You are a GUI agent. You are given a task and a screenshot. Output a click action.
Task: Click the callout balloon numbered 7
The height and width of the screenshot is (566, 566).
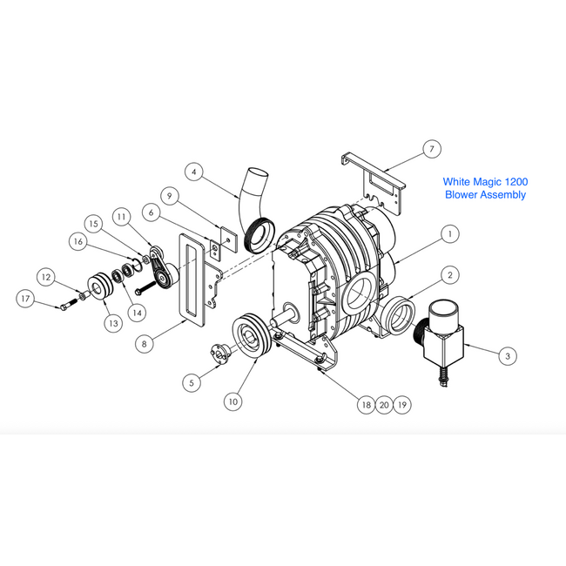pos(432,149)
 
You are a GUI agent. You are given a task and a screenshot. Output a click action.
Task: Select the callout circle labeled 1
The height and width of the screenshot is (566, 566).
pos(450,234)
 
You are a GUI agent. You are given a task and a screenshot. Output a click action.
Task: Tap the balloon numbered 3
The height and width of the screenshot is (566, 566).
pos(508,356)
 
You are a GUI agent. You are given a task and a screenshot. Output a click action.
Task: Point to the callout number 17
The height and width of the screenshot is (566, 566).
pos(25,299)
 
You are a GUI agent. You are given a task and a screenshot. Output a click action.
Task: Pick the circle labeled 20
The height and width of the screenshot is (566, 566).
pos(384,405)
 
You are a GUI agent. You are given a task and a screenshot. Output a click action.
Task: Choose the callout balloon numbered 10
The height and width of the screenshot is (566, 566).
pos(233,401)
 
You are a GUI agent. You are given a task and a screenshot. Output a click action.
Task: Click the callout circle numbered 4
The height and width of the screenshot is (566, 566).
pos(194,172)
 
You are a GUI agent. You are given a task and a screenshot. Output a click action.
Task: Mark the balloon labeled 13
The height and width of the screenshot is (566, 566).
pos(113,323)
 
